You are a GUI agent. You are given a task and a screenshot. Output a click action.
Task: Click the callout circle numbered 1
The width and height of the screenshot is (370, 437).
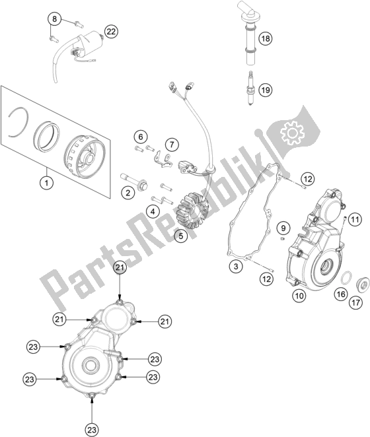pyautogui.click(x=47, y=183)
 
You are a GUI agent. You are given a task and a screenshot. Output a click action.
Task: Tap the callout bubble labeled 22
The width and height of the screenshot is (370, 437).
pyautogui.click(x=111, y=32)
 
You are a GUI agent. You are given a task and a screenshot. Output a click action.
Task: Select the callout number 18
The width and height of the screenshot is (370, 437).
pyautogui.click(x=266, y=38)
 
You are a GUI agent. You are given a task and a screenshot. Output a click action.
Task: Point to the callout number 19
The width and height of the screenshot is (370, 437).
pyautogui.click(x=266, y=90)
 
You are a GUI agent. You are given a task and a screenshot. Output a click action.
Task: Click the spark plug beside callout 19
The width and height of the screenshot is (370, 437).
pyautogui.click(x=251, y=88)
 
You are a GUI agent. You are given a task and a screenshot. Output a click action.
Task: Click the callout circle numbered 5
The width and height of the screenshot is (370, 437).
pyautogui.click(x=181, y=236)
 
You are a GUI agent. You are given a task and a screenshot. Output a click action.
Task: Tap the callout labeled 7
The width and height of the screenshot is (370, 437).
pyautogui.click(x=172, y=145)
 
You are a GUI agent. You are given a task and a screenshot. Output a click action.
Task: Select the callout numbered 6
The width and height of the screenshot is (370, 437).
pyautogui.click(x=141, y=137)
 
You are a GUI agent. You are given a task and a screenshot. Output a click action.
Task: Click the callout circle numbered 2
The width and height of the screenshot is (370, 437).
pyautogui.click(x=128, y=193)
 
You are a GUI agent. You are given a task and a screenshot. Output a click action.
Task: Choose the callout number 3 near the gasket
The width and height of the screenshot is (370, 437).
pyautogui.click(x=236, y=267)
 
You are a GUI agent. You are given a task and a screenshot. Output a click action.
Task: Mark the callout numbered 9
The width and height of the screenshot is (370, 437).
pyautogui.click(x=283, y=228)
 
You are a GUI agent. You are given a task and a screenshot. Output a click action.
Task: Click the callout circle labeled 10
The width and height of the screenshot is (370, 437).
pyautogui.click(x=299, y=296)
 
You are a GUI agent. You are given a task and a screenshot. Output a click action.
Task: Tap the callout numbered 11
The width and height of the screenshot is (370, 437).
pyautogui.click(x=355, y=220)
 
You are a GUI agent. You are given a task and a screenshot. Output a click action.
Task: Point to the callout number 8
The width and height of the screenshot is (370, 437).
pyautogui.click(x=54, y=18)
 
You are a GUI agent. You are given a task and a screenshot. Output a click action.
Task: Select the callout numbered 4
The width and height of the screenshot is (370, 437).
pyautogui.click(x=153, y=212)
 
